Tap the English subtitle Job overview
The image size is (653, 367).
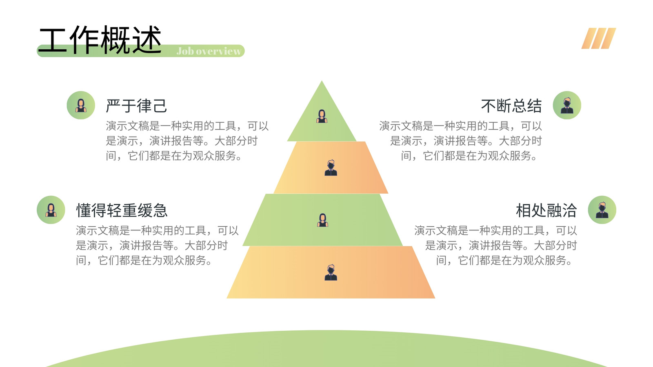click(x=209, y=51)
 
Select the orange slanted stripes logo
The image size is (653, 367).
click(x=598, y=38)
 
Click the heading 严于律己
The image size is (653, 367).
click(x=136, y=106)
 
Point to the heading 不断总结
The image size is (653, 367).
click(x=511, y=106)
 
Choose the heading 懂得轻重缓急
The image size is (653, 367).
click(x=122, y=210)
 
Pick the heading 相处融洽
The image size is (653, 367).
click(x=546, y=210)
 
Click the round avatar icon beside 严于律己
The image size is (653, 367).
click(x=81, y=105)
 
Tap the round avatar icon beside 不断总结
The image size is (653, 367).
click(x=567, y=105)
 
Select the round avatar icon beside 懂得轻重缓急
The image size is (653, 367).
click(x=51, y=210)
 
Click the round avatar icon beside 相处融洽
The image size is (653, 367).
click(x=602, y=210)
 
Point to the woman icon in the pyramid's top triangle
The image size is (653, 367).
click(x=322, y=116)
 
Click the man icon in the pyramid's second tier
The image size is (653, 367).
click(x=331, y=168)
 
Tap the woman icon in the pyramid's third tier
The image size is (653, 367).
click(x=322, y=220)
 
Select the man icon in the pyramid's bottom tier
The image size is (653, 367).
click(x=331, y=273)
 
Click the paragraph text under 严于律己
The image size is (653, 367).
click(x=187, y=141)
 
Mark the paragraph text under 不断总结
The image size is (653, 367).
click(x=460, y=141)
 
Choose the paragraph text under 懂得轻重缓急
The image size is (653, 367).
click(x=158, y=245)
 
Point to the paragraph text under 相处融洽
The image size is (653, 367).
click(x=495, y=245)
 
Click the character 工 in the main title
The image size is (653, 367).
click(x=53, y=40)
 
